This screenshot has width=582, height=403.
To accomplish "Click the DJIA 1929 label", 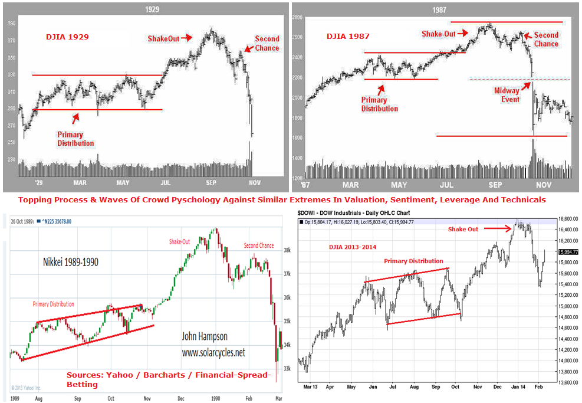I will pyautogui.click(x=67, y=37).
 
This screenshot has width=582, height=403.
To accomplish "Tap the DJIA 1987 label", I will pyautogui.click(x=348, y=37).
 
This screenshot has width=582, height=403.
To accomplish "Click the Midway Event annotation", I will pyautogui.click(x=507, y=95).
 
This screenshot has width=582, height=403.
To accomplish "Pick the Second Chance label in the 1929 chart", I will pyautogui.click(x=267, y=44).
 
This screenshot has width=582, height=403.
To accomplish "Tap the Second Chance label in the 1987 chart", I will pyautogui.click(x=546, y=40).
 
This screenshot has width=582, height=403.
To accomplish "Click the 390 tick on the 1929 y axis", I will pyautogui.click(x=10, y=24).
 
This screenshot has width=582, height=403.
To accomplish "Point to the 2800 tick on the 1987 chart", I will pyautogui.click(x=297, y=19).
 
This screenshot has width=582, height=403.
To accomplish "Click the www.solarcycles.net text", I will pyautogui.click(x=213, y=353).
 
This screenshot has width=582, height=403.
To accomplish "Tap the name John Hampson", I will pyautogui.click(x=205, y=337).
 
